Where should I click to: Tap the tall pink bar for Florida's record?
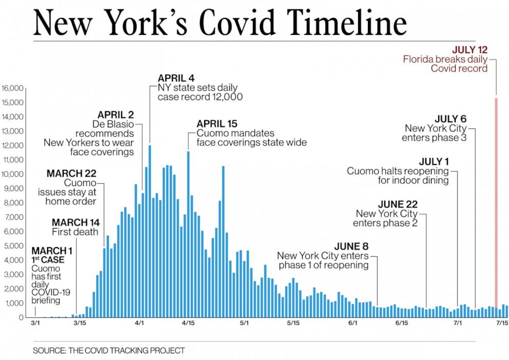(496, 205)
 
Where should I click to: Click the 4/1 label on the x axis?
(140, 324)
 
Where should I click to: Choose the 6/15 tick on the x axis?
(402, 324)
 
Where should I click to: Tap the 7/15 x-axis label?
(501, 324)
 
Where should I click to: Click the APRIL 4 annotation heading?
(176, 79)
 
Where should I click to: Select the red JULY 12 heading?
(469, 50)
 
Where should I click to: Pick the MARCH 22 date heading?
(71, 174)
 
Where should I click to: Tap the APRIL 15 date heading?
(218, 124)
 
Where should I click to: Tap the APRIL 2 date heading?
(115, 115)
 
